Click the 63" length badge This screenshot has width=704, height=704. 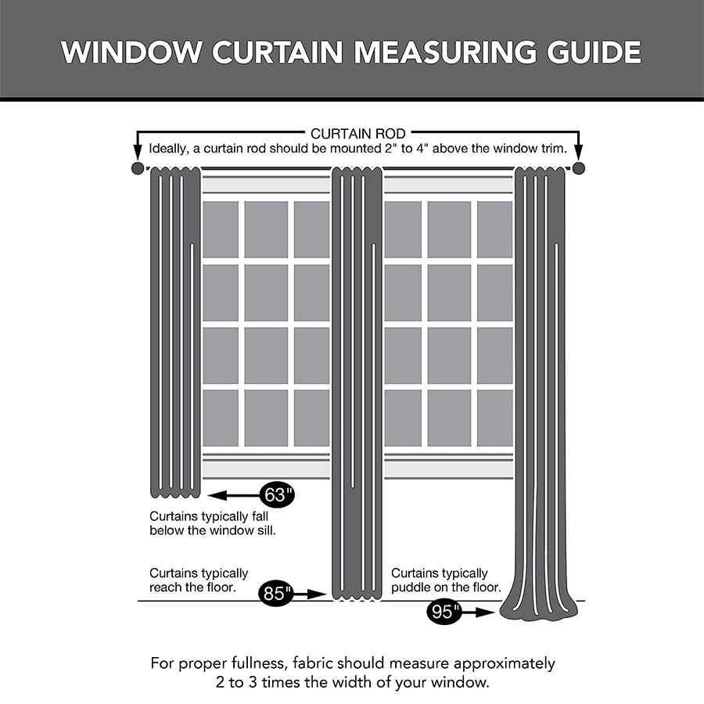coord(277,495)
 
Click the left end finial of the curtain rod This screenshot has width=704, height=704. coord(138,169)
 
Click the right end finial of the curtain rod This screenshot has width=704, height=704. coord(579,169)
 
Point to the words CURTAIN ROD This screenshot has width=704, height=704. coord(357,134)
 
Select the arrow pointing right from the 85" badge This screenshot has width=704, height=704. coord(311,594)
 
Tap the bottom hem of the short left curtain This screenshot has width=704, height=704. coord(175,493)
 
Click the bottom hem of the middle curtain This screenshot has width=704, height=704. coord(357,596)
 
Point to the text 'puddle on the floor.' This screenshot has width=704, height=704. coord(446,587)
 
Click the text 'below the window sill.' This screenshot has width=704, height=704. coord(213,531)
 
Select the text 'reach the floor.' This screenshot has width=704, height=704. coord(192,587)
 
